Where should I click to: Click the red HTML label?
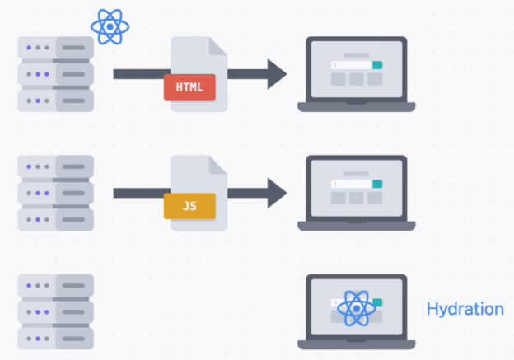pos(189,86)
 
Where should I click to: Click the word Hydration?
pos(465,309)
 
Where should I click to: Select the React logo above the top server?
pos(110,26)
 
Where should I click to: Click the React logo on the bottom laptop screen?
pos(355,308)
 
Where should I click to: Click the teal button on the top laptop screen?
pos(377,65)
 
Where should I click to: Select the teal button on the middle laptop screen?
pos(377,184)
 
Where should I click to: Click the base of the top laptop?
pos(356,106)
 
